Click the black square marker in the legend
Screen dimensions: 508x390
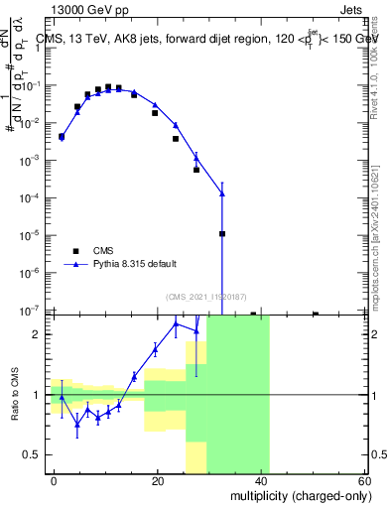[74, 250]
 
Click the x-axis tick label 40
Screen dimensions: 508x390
[262, 480]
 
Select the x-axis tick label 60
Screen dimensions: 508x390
[364, 480]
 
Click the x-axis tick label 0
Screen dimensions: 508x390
[55, 480]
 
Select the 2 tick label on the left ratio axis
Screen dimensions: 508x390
[39, 334]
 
